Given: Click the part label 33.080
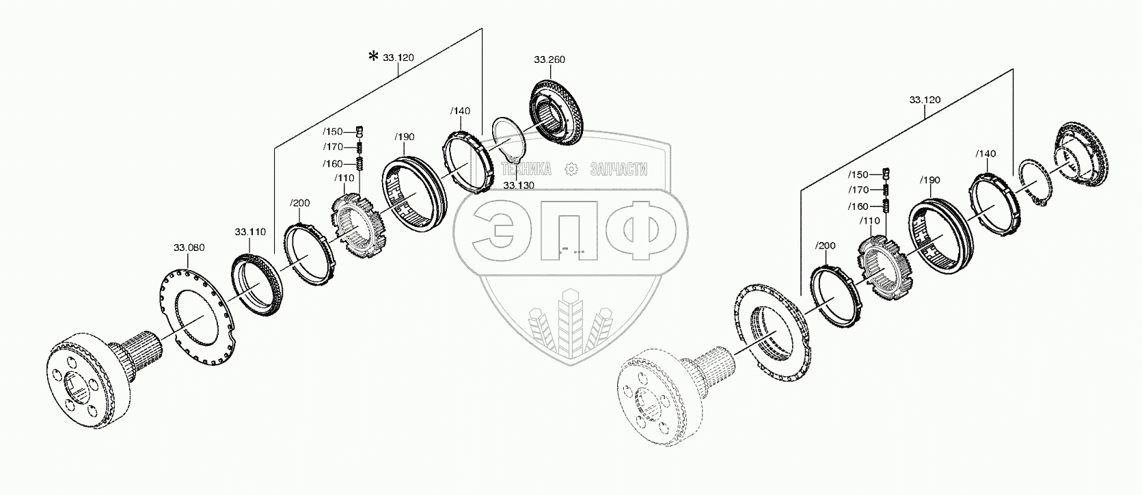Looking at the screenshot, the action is pos(189,247).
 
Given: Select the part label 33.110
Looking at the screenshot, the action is pos(250,232).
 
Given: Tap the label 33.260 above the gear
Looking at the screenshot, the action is pos(549,59).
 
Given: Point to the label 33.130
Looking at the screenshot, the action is pos(519,185).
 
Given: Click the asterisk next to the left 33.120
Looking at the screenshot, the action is pos(374,56).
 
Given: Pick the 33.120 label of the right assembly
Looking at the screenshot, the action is pos(925,100).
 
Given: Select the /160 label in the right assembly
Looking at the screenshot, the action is pos(858,207).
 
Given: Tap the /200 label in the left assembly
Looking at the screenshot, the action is pos(300,203).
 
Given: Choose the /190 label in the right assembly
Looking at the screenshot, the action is pos(930,180).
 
